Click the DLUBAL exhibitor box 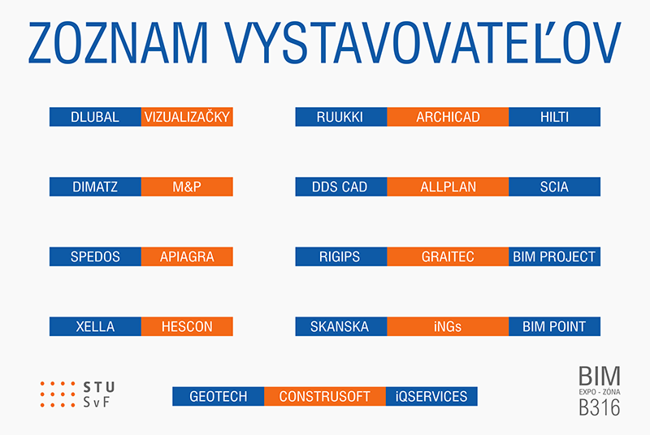click(95, 117)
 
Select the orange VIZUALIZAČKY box click(187, 117)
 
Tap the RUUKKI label click(340, 117)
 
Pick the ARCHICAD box click(448, 117)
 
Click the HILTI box click(554, 117)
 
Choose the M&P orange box click(187, 187)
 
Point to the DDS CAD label click(340, 187)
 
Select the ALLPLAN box click(448, 187)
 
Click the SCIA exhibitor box click(554, 187)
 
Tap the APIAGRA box click(187, 256)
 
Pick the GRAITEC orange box click(448, 256)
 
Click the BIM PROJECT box click(554, 256)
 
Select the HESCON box click(187, 326)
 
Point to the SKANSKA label click(340, 327)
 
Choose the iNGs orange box click(448, 326)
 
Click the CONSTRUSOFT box click(324, 397)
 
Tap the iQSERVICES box click(431, 397)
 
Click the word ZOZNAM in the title click(118, 43)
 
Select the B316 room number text click(599, 407)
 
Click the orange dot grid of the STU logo click(58, 394)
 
